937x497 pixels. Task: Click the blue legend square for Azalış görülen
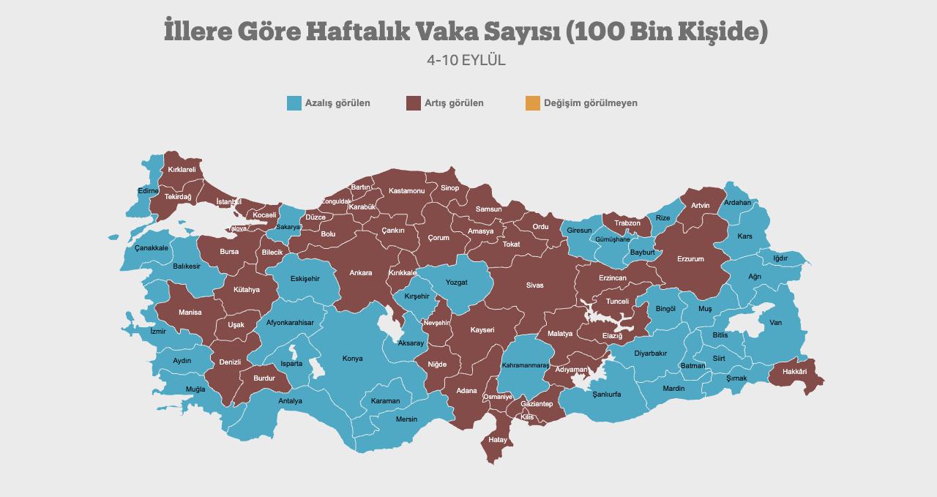[294, 103]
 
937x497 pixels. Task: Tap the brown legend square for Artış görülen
[414, 103]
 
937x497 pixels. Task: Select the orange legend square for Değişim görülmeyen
[532, 103]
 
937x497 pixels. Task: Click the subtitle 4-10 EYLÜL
[466, 60]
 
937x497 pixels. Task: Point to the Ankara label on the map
[360, 273]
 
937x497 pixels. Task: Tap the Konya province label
[352, 359]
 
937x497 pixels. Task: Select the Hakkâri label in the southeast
[794, 372]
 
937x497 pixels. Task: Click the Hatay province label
[498, 440]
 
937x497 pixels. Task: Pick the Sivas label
[534, 285]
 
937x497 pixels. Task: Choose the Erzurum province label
[690, 259]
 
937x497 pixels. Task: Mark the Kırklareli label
[182, 170]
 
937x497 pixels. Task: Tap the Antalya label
[290, 401]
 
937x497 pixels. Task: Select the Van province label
[775, 323]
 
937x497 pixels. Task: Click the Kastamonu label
[406, 191]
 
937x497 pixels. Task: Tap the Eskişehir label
[305, 279]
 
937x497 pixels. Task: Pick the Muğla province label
[195, 389]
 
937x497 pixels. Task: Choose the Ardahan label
[737, 203]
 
